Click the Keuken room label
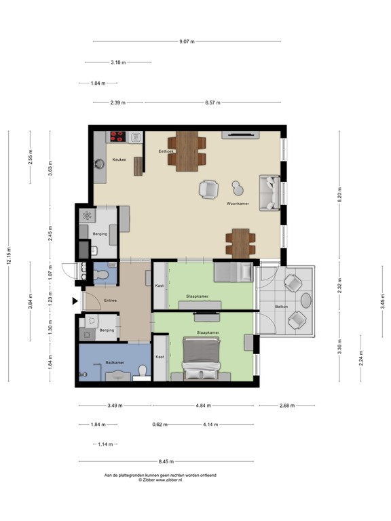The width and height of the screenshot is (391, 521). coord(119,160)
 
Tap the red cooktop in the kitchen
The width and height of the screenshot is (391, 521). coord(119,135)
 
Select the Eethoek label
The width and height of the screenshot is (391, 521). coord(166,151)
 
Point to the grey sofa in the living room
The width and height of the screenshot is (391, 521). coord(269,191)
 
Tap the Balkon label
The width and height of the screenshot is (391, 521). coord(281,307)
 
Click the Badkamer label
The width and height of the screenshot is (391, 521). coord(113,363)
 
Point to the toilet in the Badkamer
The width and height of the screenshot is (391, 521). coord(142,371)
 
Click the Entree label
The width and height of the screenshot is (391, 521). coord(110,300)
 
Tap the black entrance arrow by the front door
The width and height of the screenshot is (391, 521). coord(75,301)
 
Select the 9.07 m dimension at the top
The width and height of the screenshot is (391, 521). coord(187,42)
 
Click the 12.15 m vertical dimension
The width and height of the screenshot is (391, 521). coord(9,256)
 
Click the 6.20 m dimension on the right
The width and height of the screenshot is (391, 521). coord(340,197)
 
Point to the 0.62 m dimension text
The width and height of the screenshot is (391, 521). coord(157,425)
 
